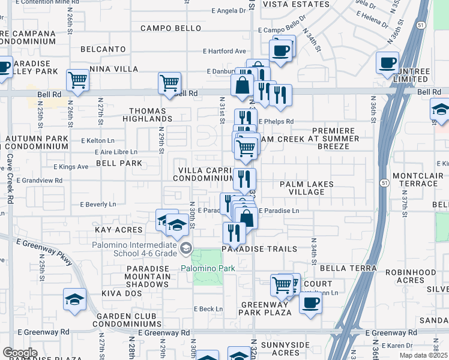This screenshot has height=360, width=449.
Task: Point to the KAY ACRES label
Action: tap(119, 230)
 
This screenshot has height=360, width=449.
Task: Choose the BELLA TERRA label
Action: tap(348, 268)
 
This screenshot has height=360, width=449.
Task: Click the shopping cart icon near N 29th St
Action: tap(170, 82)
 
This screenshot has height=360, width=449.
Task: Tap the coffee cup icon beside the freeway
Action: tap(387, 62)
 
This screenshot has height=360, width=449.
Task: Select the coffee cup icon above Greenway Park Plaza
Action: tap(310, 302)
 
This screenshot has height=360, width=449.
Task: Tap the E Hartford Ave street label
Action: tap(224, 51)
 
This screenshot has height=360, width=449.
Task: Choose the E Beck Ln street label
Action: tap(208, 309)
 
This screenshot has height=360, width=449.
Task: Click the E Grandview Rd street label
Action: tap(40, 180)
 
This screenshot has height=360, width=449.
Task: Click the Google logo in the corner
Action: tap(20, 353)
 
